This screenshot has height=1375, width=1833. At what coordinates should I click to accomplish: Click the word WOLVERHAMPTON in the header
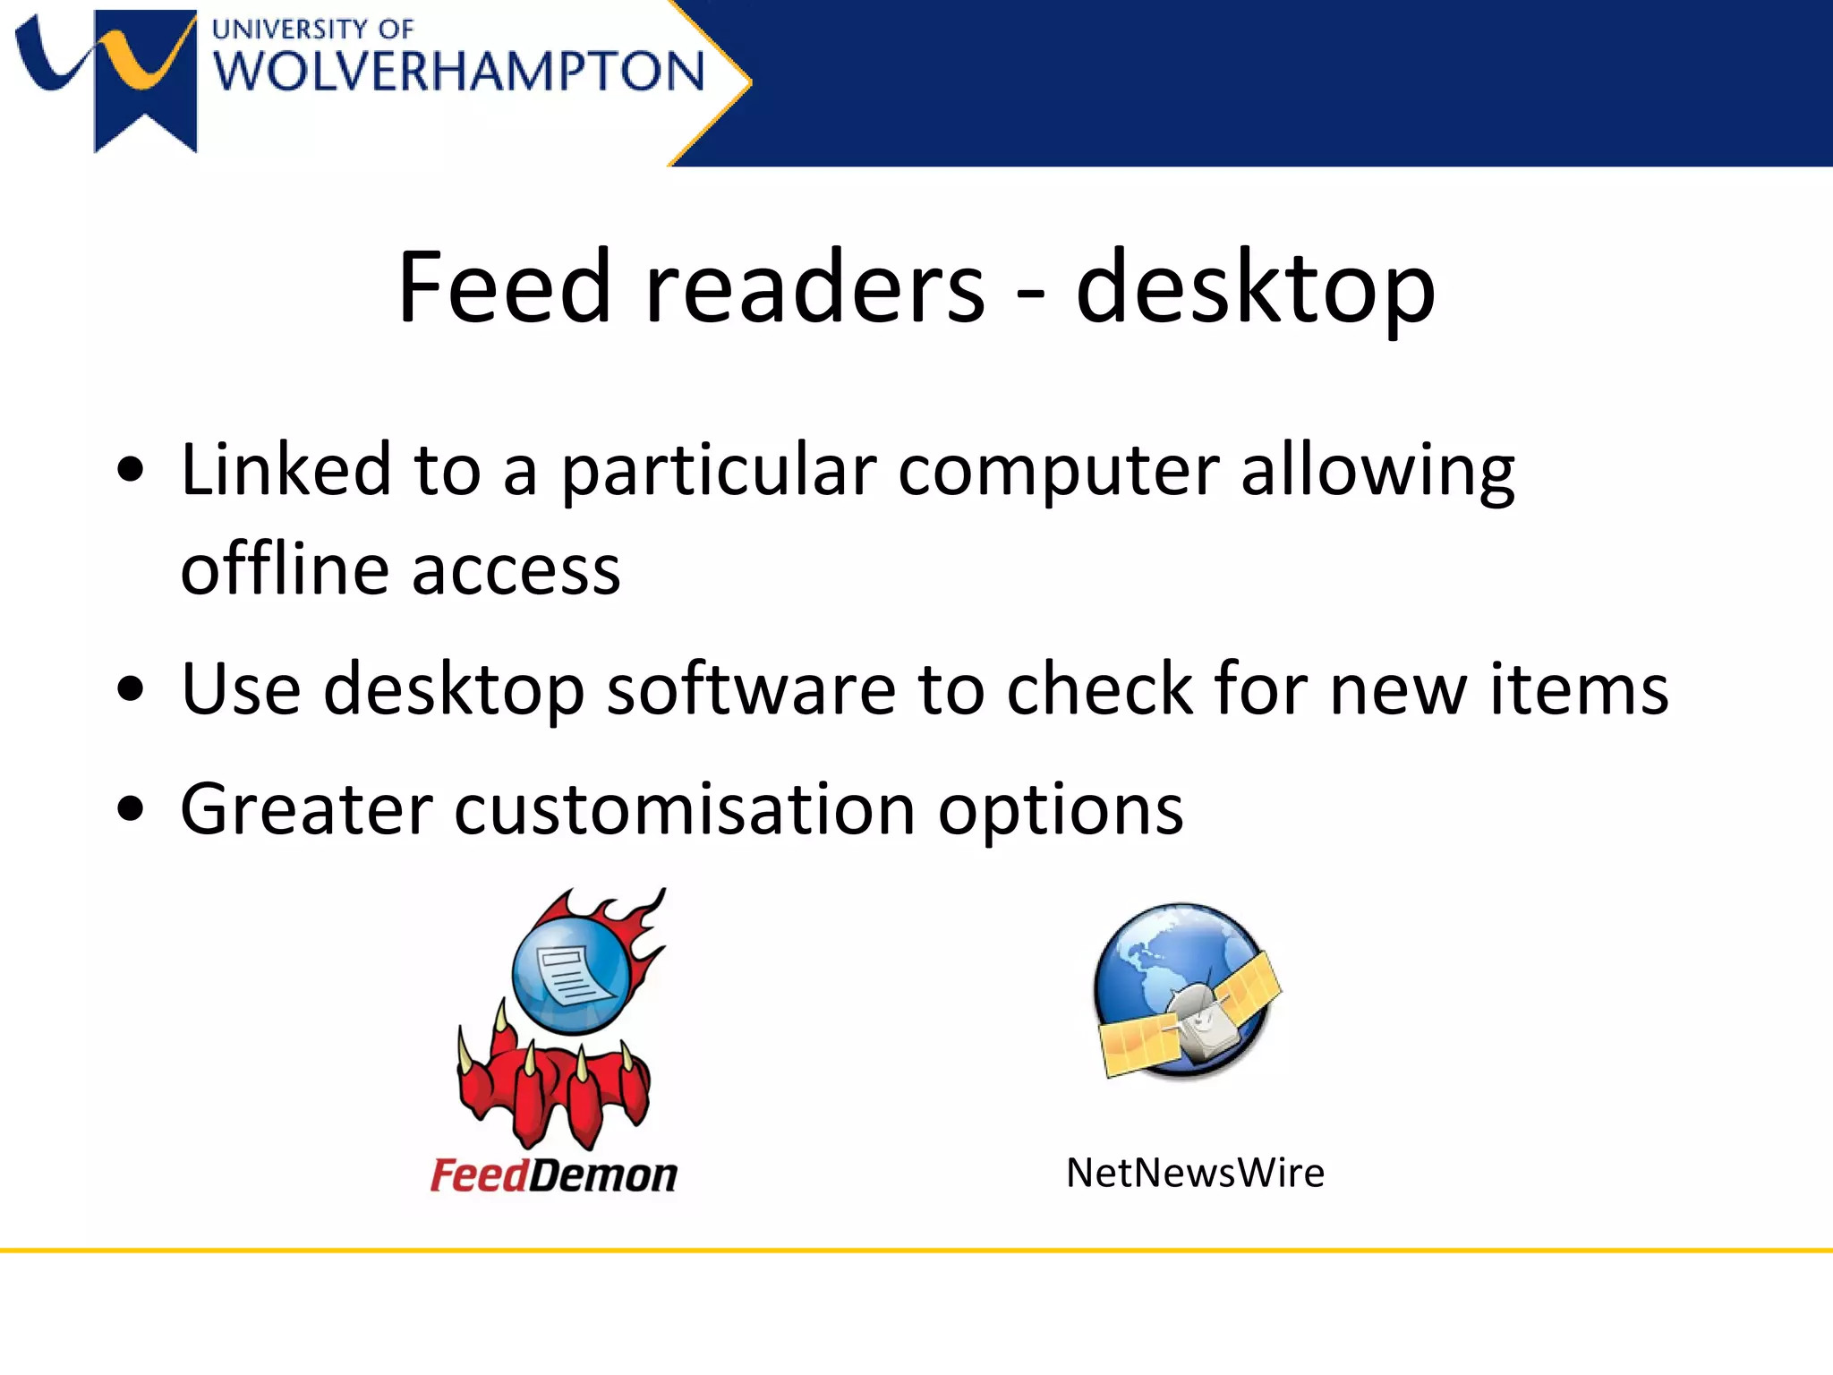click(x=459, y=72)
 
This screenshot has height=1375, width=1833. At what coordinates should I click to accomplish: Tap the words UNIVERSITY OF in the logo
click(x=312, y=29)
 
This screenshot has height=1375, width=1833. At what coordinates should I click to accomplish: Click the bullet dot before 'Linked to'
click(x=131, y=469)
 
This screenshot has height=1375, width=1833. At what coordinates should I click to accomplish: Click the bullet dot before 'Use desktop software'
click(x=131, y=689)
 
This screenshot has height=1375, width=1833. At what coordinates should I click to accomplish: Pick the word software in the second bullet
click(x=751, y=689)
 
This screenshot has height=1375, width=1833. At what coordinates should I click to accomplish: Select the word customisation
click(x=685, y=810)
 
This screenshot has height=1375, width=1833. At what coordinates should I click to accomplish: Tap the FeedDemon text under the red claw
click(x=554, y=1174)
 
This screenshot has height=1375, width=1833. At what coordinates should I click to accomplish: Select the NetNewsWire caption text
click(x=1195, y=1173)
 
